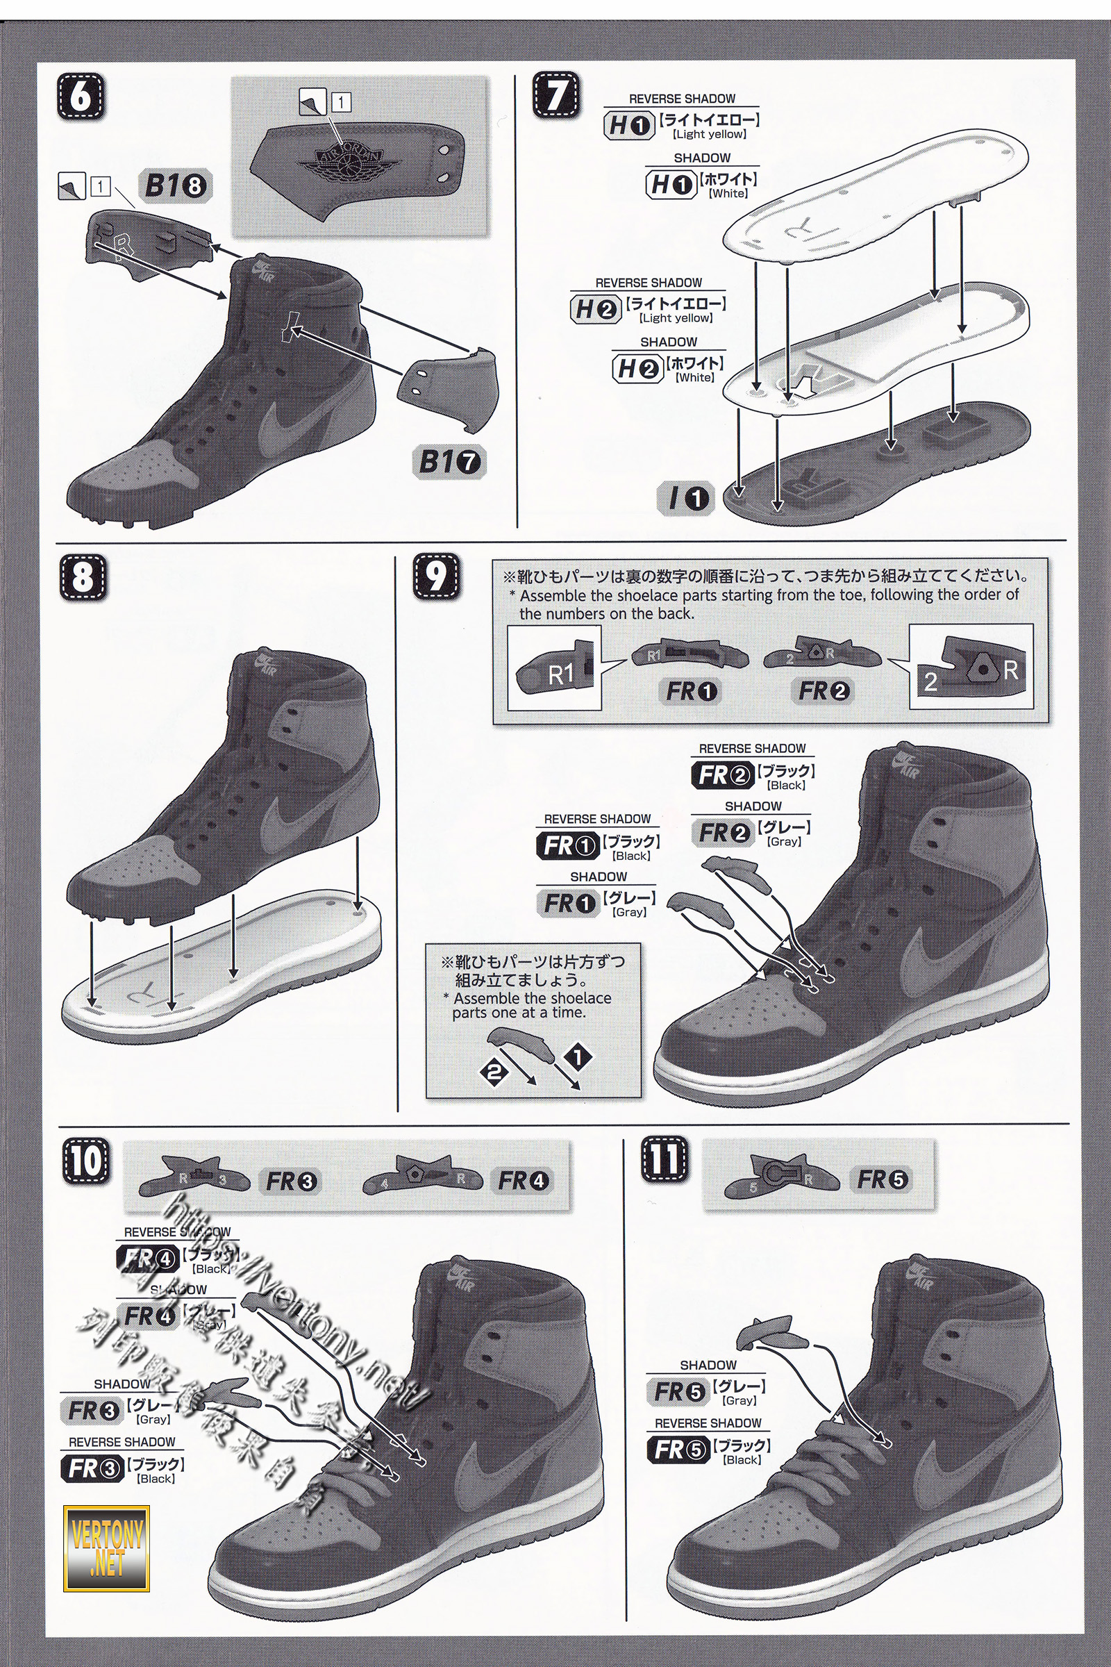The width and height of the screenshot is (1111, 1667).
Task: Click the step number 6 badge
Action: pos(81,97)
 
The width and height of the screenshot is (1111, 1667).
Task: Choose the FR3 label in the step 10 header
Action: pos(292,1181)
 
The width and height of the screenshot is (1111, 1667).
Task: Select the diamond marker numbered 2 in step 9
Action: pos(495,1071)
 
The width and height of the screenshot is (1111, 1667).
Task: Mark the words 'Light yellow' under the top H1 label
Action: pos(709,134)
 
